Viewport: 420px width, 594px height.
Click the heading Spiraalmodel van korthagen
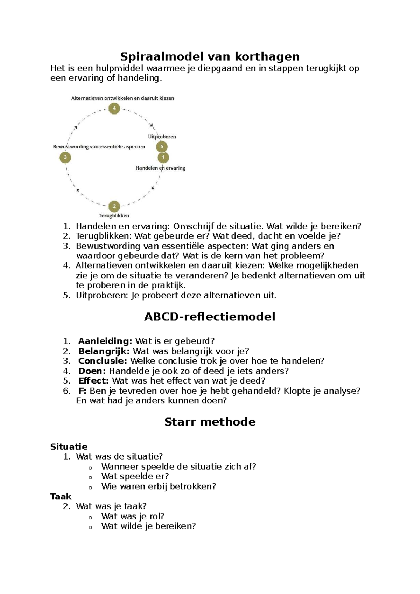click(x=210, y=56)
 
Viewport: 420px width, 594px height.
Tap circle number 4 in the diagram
click(x=114, y=109)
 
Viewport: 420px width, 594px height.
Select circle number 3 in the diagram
click(x=65, y=157)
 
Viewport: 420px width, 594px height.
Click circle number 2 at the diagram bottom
click(x=114, y=206)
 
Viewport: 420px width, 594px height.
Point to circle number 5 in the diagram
click(x=162, y=147)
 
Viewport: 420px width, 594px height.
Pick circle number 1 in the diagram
click(x=163, y=158)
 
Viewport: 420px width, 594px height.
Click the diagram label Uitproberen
click(x=162, y=137)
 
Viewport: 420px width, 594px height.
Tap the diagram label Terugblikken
click(x=114, y=216)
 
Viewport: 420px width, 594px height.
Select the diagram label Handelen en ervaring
click(x=160, y=168)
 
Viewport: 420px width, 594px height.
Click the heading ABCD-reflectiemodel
click(x=210, y=317)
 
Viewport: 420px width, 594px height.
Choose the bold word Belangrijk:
click(x=104, y=351)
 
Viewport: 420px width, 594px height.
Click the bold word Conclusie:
click(x=103, y=361)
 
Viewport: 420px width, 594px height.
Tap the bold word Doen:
click(x=92, y=371)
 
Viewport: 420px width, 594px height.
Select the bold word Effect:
click(x=94, y=381)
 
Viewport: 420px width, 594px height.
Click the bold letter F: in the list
click(x=83, y=391)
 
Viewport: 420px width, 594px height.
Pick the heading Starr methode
click(x=210, y=422)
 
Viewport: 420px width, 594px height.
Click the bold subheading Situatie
click(x=69, y=447)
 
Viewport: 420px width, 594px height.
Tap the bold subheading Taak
click(x=61, y=496)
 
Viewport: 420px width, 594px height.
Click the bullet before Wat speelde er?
click(x=90, y=477)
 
